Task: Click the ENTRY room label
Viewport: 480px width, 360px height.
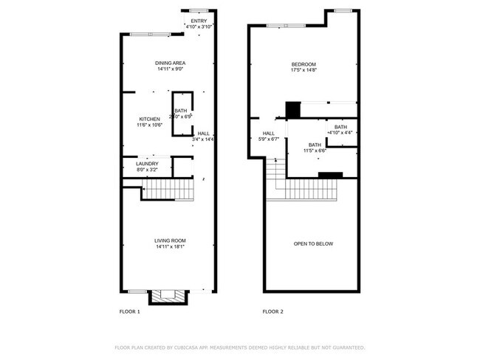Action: (199, 21)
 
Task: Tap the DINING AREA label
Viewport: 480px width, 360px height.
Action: (170, 63)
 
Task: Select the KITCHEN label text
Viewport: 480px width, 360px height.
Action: (150, 120)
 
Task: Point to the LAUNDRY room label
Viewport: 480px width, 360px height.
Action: (147, 164)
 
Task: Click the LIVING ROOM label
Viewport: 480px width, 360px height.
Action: (170, 240)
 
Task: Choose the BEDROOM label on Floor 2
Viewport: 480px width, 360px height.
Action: (304, 64)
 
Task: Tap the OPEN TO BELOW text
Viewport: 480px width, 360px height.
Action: (313, 243)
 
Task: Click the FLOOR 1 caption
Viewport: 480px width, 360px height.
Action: (130, 312)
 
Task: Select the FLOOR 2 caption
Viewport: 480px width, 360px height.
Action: (273, 312)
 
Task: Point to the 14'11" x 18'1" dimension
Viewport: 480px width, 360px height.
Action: (170, 247)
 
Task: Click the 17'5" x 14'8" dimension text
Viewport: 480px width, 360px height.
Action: (304, 71)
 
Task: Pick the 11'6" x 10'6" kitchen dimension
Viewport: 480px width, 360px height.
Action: (150, 125)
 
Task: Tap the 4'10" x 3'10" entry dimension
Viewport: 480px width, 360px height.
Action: (199, 27)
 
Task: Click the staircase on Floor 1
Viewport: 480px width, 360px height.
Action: (168, 192)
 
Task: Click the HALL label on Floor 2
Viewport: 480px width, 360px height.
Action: (269, 133)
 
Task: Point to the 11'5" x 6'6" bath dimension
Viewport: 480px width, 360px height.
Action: (315, 150)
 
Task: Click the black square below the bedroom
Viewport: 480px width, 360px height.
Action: (292, 109)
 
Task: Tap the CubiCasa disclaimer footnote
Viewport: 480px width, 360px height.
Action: (240, 347)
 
